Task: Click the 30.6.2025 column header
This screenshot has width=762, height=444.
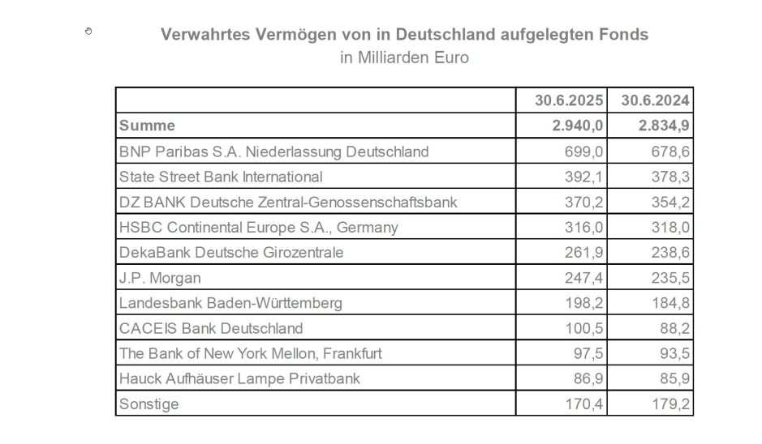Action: click(x=569, y=100)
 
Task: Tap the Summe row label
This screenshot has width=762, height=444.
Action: click(x=147, y=126)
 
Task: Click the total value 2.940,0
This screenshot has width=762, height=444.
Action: click(x=575, y=126)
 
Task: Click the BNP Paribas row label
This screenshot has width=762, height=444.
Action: click(x=273, y=152)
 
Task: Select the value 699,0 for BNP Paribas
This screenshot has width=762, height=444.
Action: click(x=583, y=152)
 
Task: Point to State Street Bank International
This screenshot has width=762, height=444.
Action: click(x=221, y=177)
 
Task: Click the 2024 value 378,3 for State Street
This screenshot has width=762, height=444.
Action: click(x=670, y=177)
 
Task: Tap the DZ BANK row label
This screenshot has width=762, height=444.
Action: click(x=288, y=202)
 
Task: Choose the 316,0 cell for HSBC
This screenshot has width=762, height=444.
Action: click(x=583, y=227)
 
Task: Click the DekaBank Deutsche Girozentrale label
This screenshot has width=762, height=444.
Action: click(x=231, y=252)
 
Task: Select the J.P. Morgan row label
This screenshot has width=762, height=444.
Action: click(x=160, y=278)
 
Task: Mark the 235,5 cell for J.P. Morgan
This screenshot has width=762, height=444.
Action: click(x=670, y=278)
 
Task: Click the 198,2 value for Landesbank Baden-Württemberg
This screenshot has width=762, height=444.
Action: click(x=583, y=303)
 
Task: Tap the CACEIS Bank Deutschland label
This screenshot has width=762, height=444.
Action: click(x=211, y=328)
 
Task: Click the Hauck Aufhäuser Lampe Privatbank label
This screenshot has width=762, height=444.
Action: click(x=239, y=378)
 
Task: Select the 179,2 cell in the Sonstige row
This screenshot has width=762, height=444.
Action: click(x=670, y=403)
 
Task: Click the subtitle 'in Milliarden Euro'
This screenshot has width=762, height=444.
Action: click(x=404, y=58)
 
